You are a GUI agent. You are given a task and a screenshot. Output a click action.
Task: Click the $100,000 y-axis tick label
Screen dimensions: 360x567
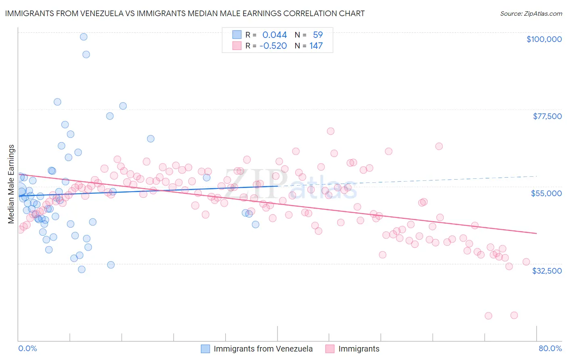point(544,39)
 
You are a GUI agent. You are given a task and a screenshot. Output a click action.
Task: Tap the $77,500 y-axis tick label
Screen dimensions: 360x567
point(547,116)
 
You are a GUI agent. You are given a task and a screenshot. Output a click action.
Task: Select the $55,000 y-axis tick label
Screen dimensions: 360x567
point(546,193)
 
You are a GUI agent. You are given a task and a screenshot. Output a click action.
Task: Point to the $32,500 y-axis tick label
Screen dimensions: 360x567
point(546,271)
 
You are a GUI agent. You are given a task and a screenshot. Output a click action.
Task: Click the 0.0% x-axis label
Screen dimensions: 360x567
point(27,348)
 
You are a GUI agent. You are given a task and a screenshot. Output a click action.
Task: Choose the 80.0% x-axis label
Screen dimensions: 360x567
point(550,348)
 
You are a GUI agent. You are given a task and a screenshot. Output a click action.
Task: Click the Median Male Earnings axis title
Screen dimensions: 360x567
point(11,184)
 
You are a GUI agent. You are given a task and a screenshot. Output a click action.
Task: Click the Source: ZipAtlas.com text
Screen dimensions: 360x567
point(531,13)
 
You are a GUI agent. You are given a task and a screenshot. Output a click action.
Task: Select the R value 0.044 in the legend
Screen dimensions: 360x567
point(274,35)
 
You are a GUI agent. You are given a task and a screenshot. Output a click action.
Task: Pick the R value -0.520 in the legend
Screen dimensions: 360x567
point(273,46)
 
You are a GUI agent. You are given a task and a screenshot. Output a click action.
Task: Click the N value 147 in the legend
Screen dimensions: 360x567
point(316,46)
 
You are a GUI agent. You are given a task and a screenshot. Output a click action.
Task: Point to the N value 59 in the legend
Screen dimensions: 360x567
point(317,35)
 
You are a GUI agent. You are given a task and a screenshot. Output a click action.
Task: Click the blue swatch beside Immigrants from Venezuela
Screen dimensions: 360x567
point(205,349)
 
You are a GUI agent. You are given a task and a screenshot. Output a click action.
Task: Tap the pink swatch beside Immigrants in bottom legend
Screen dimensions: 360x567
point(330,349)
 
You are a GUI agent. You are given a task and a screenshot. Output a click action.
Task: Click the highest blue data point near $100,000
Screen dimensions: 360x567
point(83,37)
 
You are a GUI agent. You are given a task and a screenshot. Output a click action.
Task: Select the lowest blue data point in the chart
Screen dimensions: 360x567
point(81,269)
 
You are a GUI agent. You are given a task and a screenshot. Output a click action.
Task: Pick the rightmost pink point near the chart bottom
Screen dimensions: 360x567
point(514,315)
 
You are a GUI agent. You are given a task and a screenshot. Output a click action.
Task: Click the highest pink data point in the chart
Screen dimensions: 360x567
point(331,131)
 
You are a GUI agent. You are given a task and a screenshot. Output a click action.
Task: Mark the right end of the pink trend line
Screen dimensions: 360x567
point(536,233)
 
